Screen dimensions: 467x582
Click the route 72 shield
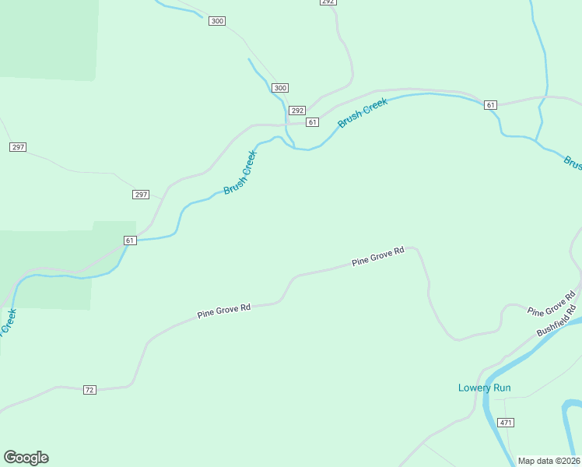tap(89, 389)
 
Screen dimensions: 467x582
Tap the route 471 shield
tap(507, 423)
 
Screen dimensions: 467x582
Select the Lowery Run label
tap(484, 388)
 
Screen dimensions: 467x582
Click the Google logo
tap(26, 458)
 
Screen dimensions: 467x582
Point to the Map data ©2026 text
tap(549, 461)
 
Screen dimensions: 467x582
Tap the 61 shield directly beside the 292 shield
tap(312, 122)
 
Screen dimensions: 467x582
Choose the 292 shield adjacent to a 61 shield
tap(296, 111)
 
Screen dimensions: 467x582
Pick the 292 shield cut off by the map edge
tap(328, 2)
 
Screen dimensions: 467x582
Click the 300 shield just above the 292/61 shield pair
tap(280, 88)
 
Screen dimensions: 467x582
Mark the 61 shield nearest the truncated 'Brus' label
tap(489, 105)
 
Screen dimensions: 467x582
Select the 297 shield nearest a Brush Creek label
tap(140, 195)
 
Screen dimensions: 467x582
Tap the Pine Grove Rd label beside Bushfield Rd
tap(551, 303)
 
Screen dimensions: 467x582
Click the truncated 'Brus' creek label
tap(573, 163)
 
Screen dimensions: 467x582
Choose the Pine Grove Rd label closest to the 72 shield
tap(224, 311)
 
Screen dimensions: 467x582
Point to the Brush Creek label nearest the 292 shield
tap(362, 114)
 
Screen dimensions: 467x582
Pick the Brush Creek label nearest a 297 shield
tap(240, 172)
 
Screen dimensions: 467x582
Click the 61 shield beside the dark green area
tap(130, 241)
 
